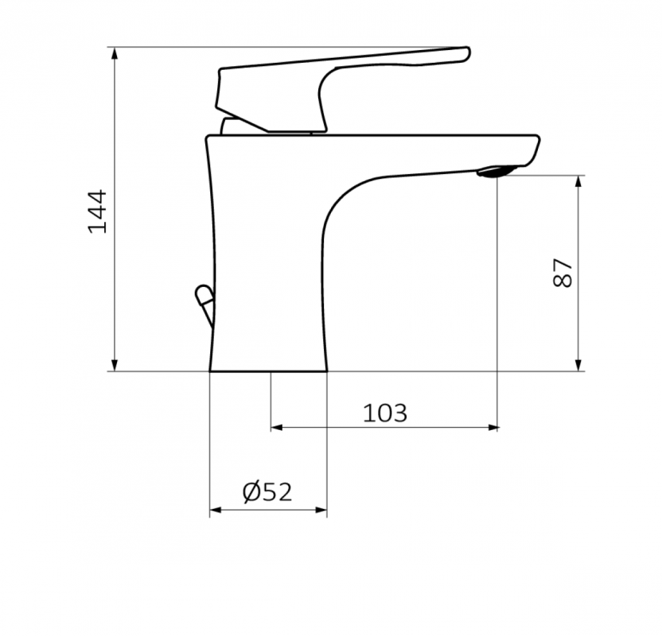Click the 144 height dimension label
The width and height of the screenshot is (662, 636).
(x=97, y=211)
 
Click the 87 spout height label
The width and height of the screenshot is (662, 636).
(x=563, y=273)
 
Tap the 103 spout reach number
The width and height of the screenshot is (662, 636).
(x=385, y=413)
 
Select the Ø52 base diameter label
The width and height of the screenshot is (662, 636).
(x=267, y=492)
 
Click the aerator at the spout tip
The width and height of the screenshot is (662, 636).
(x=496, y=171)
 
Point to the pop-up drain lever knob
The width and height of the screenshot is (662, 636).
(x=204, y=294)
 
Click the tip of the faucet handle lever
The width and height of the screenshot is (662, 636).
(x=467, y=54)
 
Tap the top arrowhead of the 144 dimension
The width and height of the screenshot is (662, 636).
(x=115, y=53)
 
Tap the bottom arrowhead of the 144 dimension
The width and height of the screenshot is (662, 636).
(x=115, y=365)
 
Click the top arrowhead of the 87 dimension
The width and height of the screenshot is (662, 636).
(x=578, y=181)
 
